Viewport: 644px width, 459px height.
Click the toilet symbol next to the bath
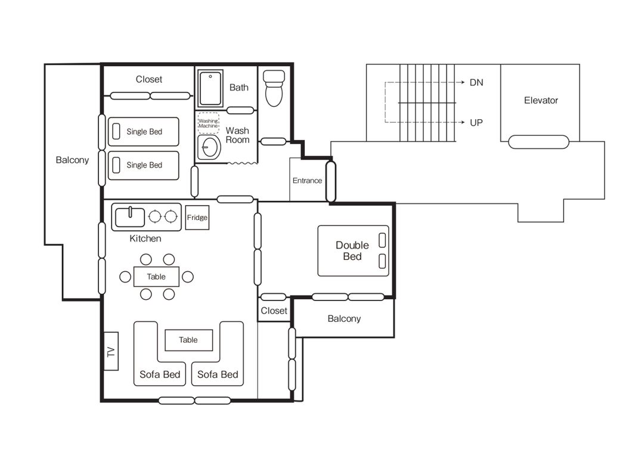click(x=274, y=88)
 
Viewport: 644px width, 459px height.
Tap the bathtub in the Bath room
click(x=210, y=88)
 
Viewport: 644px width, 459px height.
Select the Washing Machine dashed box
click(x=208, y=123)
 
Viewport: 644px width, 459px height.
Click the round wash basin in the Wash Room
click(x=209, y=148)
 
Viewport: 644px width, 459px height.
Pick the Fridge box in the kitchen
click(x=197, y=218)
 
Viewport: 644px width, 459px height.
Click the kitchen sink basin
click(x=130, y=218)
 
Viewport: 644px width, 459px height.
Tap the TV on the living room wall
click(x=111, y=351)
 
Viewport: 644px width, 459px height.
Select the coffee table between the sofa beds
click(x=189, y=340)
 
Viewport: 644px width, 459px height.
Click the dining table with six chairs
click(x=156, y=277)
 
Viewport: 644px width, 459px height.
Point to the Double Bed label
click(x=352, y=251)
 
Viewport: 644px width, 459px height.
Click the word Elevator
click(x=541, y=100)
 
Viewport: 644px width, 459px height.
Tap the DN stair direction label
click(x=476, y=82)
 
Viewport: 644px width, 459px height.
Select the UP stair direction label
click(x=476, y=123)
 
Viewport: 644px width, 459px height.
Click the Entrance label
click(x=307, y=181)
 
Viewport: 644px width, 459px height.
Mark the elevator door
click(x=539, y=142)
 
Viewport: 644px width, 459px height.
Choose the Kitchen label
click(x=145, y=238)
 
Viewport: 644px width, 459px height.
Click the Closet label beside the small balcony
click(x=274, y=311)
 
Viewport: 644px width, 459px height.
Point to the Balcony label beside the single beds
click(x=72, y=160)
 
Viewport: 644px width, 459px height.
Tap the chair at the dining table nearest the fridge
click(x=169, y=259)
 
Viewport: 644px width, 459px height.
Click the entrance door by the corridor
click(x=330, y=181)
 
